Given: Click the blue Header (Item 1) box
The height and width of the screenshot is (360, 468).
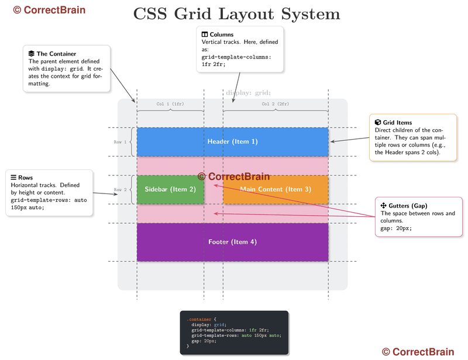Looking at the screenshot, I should click(232, 142).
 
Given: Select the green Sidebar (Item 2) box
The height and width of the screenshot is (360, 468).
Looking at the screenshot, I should click(170, 189).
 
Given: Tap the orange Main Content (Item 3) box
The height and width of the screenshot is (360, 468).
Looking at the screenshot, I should click(276, 189).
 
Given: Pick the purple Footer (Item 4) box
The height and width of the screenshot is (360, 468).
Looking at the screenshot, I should click(232, 242).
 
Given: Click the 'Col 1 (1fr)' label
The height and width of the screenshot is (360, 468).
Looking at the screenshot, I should click(170, 104).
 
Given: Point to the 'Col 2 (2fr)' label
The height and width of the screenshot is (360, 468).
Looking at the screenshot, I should click(275, 104).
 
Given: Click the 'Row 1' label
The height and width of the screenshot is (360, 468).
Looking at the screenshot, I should click(120, 142).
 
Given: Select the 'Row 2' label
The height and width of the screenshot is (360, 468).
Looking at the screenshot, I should click(120, 189).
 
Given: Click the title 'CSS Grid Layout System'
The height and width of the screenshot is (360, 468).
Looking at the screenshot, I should click(236, 13).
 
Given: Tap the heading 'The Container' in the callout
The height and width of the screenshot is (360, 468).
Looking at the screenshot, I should click(56, 54).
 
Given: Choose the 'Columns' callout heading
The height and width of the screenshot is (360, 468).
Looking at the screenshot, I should click(222, 34).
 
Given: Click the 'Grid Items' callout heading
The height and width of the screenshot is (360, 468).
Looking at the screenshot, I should click(397, 122).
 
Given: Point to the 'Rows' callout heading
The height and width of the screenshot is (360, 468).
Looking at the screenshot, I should click(25, 178).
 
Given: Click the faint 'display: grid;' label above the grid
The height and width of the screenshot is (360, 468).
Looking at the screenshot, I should click(248, 92).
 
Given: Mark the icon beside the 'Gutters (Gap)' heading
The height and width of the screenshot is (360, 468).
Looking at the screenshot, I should click(384, 206).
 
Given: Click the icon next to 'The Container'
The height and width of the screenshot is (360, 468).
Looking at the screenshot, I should click(32, 54).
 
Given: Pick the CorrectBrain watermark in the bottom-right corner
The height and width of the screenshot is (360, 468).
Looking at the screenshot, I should click(418, 352).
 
